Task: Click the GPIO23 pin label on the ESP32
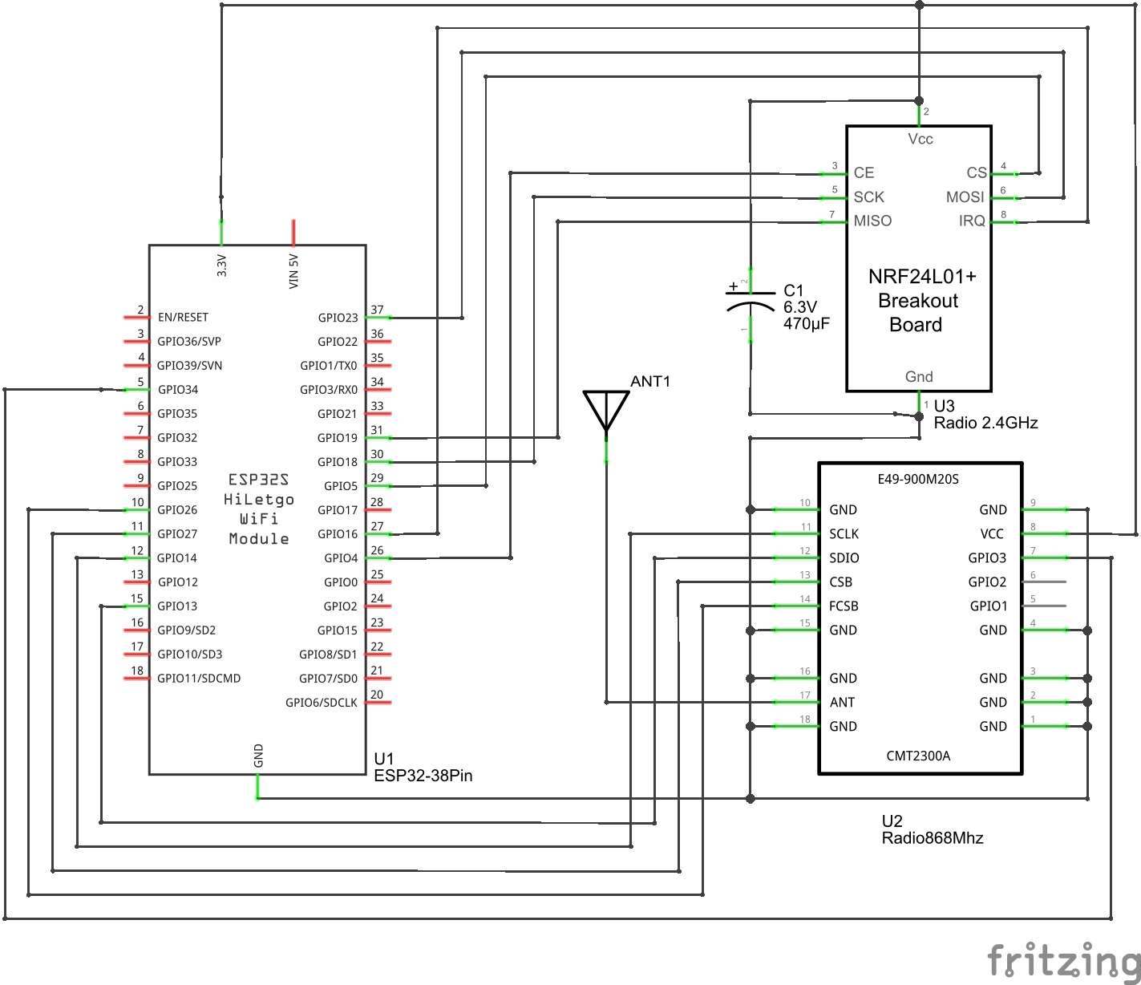[x=338, y=318]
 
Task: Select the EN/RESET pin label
[x=183, y=318]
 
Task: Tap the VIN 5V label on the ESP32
[x=293, y=271]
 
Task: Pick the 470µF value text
[x=807, y=324]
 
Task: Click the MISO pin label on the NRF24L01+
[x=872, y=221]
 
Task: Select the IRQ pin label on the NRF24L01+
[x=972, y=221]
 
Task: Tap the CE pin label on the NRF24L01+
[x=864, y=173]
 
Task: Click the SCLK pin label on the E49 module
[x=844, y=534]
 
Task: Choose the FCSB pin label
[x=844, y=606]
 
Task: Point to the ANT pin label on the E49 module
[x=842, y=703]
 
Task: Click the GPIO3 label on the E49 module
[x=987, y=558]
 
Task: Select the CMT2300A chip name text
[x=918, y=756]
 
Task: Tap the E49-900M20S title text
[x=918, y=480]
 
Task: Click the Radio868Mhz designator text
[x=932, y=838]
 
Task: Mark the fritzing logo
[x=1063, y=960]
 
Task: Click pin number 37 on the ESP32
[x=377, y=310]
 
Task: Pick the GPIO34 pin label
[x=178, y=390]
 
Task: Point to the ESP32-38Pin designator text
[x=423, y=776]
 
